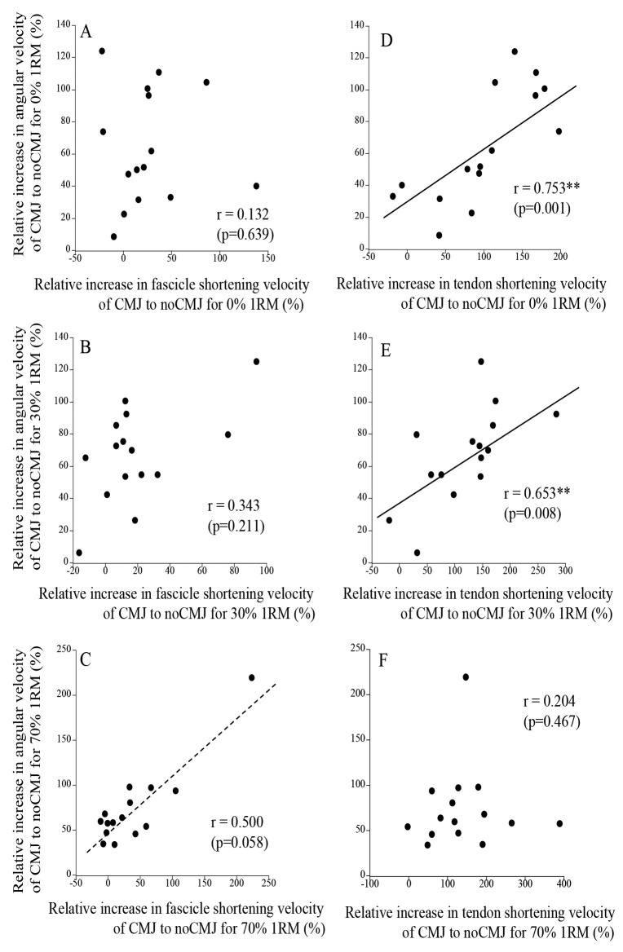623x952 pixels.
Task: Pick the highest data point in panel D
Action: point(515,51)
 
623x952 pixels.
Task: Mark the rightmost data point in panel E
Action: point(556,414)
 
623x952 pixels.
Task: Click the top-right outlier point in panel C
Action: point(252,677)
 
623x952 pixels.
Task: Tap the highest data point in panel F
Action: point(466,677)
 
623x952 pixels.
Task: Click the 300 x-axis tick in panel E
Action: point(565,570)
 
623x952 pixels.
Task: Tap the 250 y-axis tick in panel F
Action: point(355,649)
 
